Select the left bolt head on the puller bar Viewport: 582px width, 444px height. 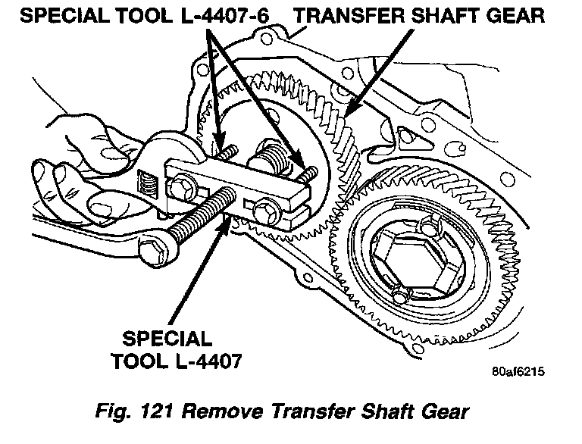click(x=183, y=184)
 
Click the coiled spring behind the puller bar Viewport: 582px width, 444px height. click(x=269, y=156)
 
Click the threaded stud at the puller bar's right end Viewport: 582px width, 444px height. click(x=307, y=172)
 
